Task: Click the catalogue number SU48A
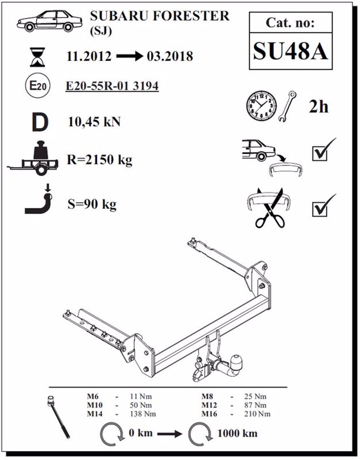point(291,51)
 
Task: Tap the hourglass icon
point(37,57)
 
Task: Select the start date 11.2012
point(89,56)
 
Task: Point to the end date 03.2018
point(170,56)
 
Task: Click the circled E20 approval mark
point(38,86)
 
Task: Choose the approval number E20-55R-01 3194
point(112,86)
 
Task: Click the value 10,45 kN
point(94,122)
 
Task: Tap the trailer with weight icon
point(33,158)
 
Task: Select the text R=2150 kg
point(99,160)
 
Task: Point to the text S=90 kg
point(92,204)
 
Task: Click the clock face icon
point(261,106)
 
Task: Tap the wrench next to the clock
point(287,106)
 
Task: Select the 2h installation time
point(319,107)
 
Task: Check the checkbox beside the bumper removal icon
point(320,154)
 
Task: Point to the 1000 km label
point(238,433)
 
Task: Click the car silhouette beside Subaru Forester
point(49,21)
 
